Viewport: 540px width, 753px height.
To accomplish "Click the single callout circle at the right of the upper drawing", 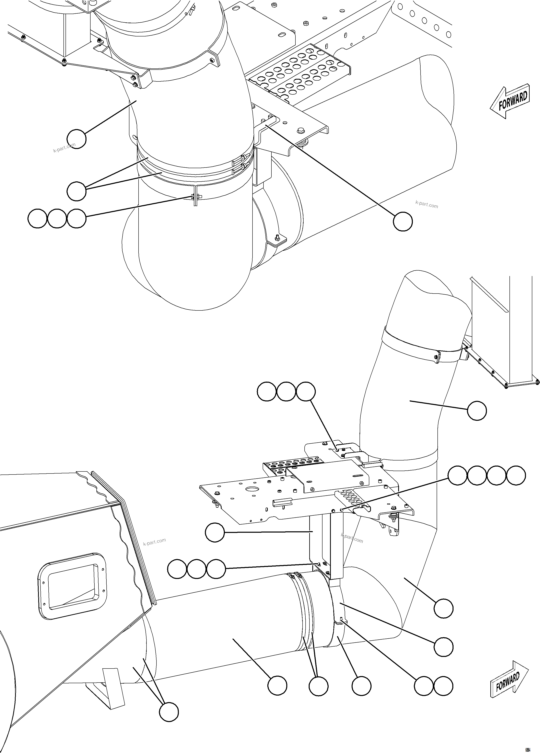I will click(x=403, y=221).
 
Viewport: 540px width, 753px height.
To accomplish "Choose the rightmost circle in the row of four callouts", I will click(x=516, y=476).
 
